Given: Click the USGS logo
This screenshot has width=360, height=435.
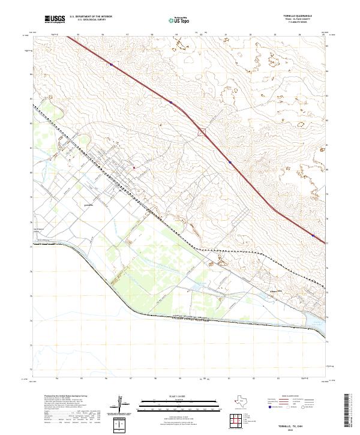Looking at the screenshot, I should click(55, 19).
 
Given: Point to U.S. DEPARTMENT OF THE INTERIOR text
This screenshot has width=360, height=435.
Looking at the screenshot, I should click(91, 17).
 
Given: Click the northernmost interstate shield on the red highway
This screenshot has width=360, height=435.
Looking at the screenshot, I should click(112, 64).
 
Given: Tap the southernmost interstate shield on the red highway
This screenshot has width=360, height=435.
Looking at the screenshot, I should click(313, 236).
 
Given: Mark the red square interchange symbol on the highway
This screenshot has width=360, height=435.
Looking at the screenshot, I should click(202, 131).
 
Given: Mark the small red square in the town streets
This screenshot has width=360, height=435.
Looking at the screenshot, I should click(135, 167).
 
